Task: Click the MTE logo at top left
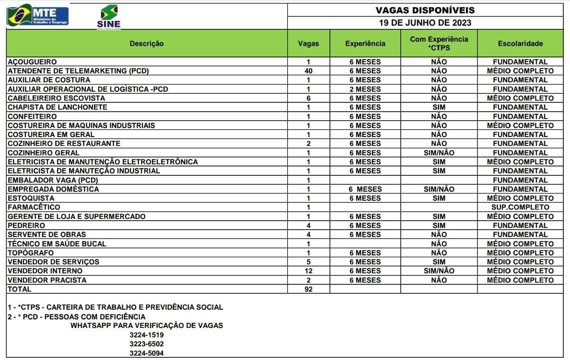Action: (x=38, y=16)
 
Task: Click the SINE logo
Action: (x=109, y=17)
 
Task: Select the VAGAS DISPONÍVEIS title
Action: (x=425, y=10)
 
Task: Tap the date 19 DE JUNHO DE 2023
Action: (x=425, y=23)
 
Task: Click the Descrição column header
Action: (x=147, y=44)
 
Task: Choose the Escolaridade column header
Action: (x=520, y=44)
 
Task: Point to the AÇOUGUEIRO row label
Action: (x=32, y=62)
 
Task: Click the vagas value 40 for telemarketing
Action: (x=308, y=71)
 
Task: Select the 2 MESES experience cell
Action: (x=365, y=89)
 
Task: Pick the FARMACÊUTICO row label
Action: (x=33, y=207)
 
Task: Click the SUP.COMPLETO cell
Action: (x=520, y=207)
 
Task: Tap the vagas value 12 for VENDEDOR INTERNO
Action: (x=308, y=271)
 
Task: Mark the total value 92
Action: (x=308, y=289)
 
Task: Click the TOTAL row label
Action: (x=20, y=289)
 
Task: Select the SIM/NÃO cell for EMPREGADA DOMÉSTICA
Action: (x=439, y=189)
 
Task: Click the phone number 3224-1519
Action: (x=147, y=335)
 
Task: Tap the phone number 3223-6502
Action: (x=147, y=344)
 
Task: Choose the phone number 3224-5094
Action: (x=147, y=353)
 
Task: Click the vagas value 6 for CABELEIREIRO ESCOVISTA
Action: (x=308, y=98)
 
